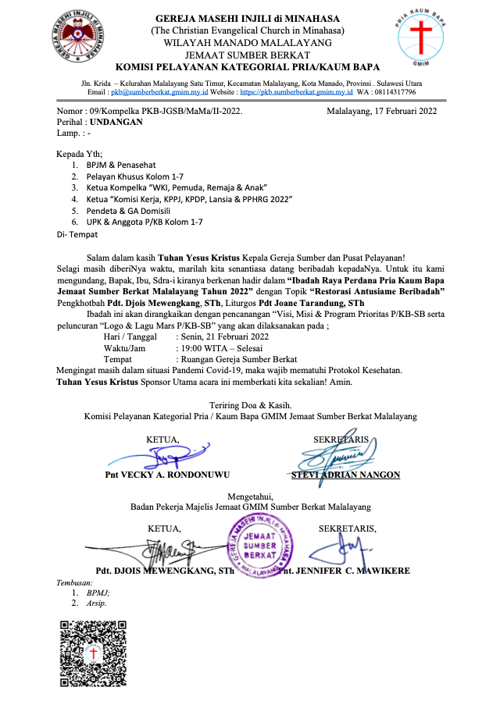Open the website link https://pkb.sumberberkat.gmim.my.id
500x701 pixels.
pos(296,91)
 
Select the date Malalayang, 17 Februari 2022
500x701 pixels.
pos(382,111)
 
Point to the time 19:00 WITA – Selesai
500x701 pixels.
pos(220,348)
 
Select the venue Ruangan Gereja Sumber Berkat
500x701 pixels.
pos(235,359)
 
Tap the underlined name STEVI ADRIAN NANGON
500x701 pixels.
pos(345,475)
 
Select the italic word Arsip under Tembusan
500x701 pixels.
pos(97,603)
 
